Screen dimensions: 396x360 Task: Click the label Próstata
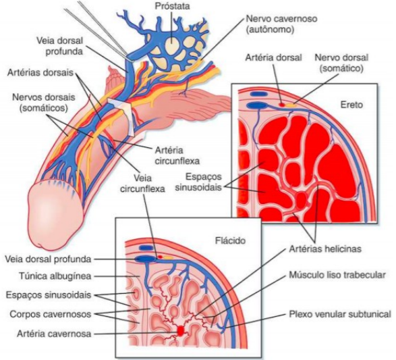(x=172, y=6)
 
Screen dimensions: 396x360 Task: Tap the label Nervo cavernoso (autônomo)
(x=281, y=24)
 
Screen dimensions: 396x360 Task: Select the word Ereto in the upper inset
(x=351, y=105)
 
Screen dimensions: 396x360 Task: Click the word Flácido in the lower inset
(x=230, y=240)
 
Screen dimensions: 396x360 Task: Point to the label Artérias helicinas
(x=325, y=249)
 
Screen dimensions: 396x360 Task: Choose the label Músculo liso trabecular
(x=337, y=275)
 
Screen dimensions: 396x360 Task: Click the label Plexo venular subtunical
(x=340, y=314)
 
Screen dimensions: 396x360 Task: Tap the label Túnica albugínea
(x=55, y=276)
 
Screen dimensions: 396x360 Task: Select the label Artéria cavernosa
(x=54, y=334)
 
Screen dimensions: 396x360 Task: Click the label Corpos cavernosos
(x=50, y=314)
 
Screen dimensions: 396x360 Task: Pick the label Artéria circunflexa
(x=177, y=155)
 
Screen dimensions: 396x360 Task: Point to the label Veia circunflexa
(x=142, y=183)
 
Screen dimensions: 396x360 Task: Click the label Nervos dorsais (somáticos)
(x=44, y=103)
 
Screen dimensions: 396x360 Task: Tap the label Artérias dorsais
(x=40, y=73)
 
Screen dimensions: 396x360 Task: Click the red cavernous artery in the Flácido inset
(x=180, y=331)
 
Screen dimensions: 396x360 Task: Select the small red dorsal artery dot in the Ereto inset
(x=281, y=104)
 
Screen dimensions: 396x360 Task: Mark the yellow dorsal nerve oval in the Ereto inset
(x=291, y=105)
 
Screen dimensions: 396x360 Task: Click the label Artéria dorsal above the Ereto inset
(x=273, y=57)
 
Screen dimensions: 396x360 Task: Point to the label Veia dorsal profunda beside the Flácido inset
(x=48, y=259)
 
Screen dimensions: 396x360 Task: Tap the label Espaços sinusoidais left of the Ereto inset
(x=204, y=182)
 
